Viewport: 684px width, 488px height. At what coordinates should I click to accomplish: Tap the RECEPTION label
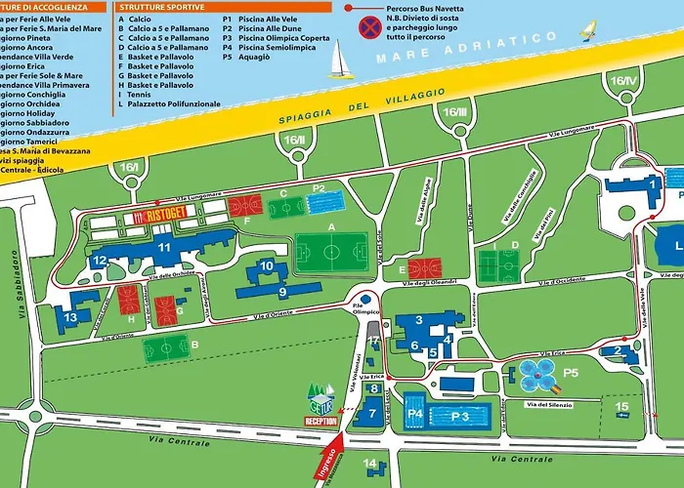[321, 422]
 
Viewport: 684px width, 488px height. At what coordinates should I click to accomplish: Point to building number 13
[70, 316]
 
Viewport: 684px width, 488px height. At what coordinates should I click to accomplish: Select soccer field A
[332, 252]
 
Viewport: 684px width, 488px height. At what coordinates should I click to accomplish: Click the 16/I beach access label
[130, 168]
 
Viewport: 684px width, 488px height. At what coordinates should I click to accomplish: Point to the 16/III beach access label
[455, 112]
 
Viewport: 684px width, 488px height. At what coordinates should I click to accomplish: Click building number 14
[369, 464]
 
